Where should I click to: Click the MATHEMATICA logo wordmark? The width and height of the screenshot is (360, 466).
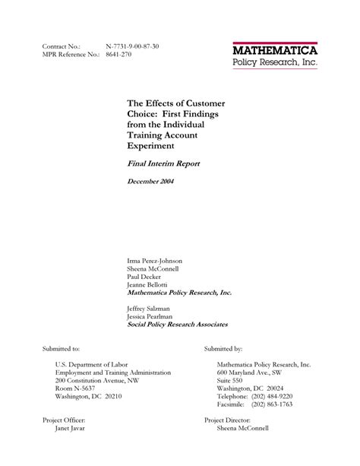click(274, 50)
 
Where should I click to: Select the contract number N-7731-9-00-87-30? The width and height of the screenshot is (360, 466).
click(132, 46)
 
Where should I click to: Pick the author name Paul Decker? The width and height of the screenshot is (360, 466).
click(144, 277)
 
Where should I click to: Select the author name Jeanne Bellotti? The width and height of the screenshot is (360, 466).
click(148, 284)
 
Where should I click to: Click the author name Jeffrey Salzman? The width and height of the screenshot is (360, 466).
click(150, 309)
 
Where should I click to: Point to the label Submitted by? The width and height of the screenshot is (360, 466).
click(223, 349)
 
